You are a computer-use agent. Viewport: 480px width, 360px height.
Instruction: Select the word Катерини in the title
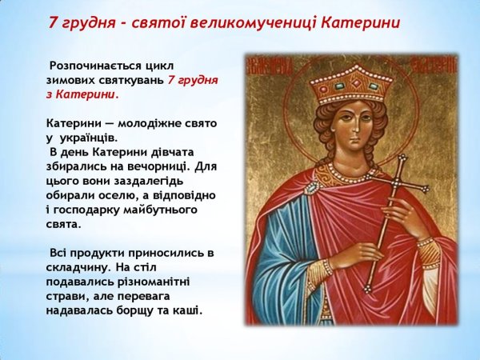(360, 22)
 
